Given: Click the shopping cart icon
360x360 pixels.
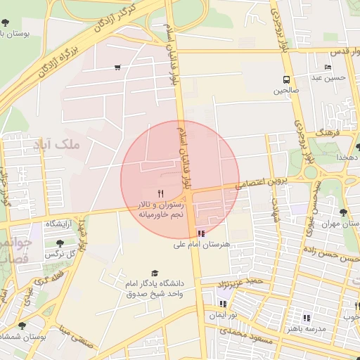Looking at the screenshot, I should (x=117, y=67).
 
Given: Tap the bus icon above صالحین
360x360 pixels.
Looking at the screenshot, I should (x=286, y=79).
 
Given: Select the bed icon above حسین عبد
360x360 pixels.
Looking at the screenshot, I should (x=328, y=67).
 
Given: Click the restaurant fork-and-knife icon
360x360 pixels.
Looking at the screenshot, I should (x=161, y=193).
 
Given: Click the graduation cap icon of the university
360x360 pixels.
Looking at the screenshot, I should (x=155, y=273).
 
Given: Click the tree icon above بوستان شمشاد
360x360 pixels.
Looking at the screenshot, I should (x=22, y=326).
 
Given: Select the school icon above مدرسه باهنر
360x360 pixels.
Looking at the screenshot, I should (x=306, y=318).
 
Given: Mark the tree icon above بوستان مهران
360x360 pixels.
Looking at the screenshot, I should (x=344, y=212).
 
